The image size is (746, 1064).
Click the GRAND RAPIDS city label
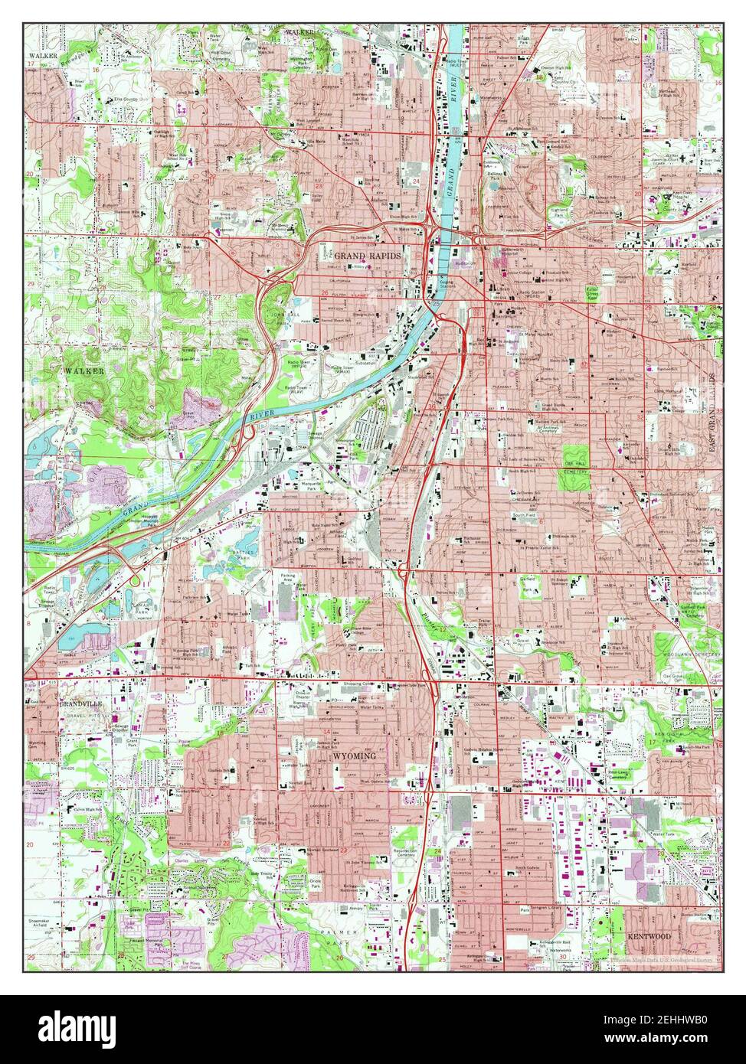point(367,256)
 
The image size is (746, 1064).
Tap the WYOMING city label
point(354,756)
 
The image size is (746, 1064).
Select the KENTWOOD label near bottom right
point(649,936)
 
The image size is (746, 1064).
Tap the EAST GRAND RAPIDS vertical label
point(712,413)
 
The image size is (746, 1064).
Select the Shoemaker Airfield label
point(39,924)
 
